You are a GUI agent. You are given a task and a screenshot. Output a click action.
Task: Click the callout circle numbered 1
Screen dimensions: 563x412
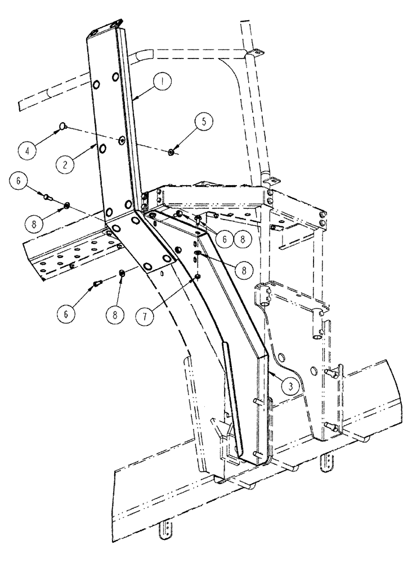[163, 82]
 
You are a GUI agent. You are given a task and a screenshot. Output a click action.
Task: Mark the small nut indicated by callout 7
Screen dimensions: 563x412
[198, 276]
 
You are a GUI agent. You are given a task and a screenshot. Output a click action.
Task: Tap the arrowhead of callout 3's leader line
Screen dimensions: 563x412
[271, 372]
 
